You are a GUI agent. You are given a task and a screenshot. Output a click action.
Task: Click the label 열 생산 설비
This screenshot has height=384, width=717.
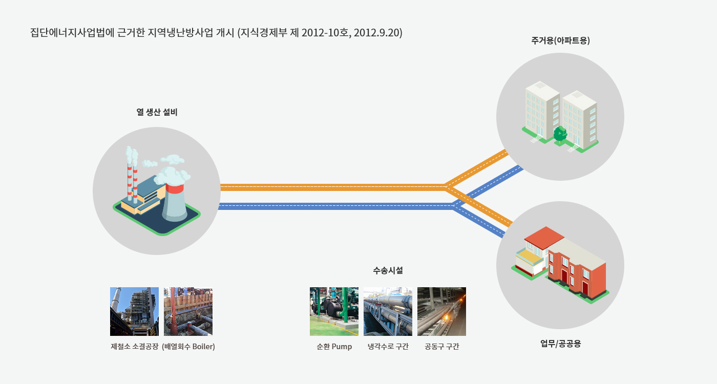point(157,112)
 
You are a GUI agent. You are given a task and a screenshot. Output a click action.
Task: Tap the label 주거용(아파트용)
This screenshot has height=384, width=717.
point(560,40)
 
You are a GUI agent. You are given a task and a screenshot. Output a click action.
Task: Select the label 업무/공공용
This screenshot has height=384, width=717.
point(560,344)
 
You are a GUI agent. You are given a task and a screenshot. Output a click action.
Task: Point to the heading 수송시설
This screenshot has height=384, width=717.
point(388,270)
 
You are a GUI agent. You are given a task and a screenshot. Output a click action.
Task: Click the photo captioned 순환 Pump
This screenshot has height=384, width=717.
point(334,311)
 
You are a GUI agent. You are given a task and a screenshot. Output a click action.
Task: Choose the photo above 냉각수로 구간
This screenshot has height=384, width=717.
point(388,311)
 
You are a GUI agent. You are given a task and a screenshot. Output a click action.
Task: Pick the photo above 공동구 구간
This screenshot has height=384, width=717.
point(441,311)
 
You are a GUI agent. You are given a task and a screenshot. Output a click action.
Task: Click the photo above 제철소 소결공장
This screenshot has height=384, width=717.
point(134,311)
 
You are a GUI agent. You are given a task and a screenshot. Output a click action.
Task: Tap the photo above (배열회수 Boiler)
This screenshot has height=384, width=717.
point(188,311)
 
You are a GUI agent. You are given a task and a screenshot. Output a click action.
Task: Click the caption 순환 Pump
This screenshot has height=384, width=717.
point(334,347)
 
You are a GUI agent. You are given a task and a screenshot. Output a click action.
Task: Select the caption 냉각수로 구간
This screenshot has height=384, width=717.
point(388,347)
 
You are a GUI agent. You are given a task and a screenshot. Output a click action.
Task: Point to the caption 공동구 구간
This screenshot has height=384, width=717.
point(441,347)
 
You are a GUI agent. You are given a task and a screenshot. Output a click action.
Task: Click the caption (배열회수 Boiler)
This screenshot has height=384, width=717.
point(188,347)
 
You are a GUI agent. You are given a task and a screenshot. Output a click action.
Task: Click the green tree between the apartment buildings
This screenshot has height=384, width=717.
point(560,134)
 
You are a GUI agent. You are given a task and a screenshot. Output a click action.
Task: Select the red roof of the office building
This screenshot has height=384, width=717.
point(544,236)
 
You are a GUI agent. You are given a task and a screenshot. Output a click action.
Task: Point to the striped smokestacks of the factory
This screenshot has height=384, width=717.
point(132,175)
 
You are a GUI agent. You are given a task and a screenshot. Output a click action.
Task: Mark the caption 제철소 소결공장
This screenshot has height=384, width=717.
point(134,347)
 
